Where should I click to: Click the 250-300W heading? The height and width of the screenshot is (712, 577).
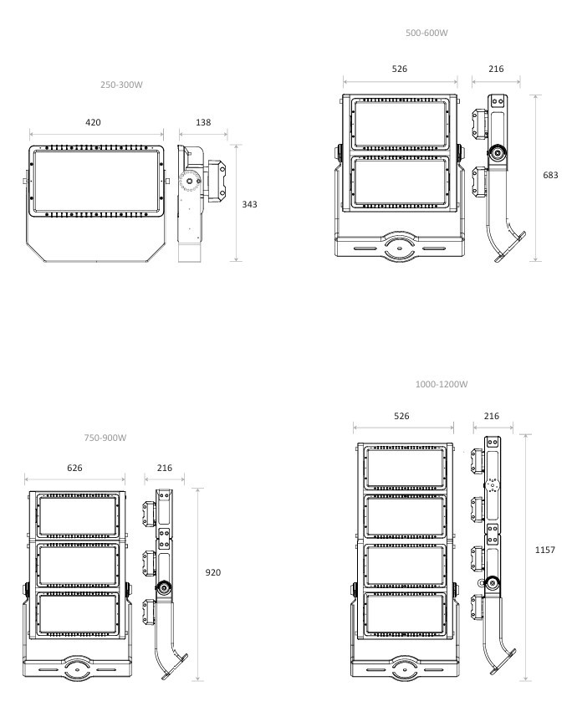click(121, 85)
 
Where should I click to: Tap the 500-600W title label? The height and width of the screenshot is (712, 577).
click(426, 33)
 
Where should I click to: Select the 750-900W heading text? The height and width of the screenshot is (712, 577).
click(105, 438)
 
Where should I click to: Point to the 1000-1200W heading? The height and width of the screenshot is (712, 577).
click(442, 384)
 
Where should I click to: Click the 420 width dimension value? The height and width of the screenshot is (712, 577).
click(93, 122)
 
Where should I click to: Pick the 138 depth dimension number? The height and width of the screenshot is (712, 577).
click(203, 122)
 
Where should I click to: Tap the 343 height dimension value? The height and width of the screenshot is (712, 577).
click(250, 204)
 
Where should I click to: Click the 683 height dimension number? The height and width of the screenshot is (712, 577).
click(551, 175)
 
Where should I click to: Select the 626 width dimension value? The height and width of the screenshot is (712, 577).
click(75, 468)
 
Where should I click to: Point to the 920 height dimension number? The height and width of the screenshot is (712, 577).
click(213, 572)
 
